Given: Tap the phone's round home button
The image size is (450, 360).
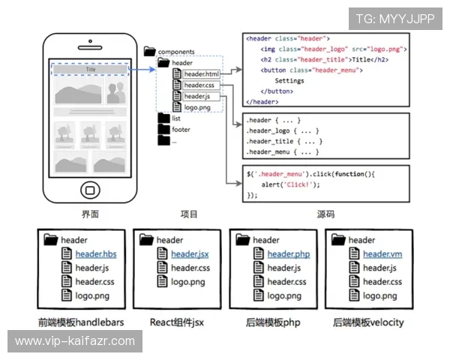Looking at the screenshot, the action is point(91,190).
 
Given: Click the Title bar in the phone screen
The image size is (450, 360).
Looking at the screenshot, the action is point(90,69).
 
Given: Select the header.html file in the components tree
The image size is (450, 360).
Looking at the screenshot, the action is point(202,74).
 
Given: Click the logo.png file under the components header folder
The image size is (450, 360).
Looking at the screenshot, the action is point(197,107).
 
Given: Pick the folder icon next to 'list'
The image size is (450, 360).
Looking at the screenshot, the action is point(163,118).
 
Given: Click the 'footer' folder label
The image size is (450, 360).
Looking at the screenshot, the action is point(181,130).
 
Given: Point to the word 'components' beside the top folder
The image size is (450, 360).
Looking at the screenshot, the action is point(176,52).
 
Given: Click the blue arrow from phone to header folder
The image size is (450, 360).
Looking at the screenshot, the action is point(142,69).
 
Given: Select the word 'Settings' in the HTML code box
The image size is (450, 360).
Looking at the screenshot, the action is point(289,81).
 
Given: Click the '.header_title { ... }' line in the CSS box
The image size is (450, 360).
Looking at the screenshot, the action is point(284,141).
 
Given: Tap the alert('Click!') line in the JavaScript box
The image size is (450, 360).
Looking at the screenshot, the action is point(290,184).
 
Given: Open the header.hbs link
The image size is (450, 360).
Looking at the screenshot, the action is point(96,254).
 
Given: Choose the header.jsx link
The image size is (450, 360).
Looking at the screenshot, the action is point(190,254).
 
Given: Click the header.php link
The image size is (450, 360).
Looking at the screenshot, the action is point(289,254).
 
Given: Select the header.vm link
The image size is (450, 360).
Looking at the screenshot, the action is point(382,254).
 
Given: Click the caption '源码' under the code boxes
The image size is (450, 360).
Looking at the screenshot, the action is point(325,214).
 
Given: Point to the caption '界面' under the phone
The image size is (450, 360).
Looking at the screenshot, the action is point(91,214).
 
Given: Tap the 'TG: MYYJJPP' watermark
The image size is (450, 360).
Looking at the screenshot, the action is point(395,19).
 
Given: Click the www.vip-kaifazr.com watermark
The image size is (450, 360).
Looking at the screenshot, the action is point(75,341).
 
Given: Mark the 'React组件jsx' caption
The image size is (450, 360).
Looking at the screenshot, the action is point(177,322).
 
